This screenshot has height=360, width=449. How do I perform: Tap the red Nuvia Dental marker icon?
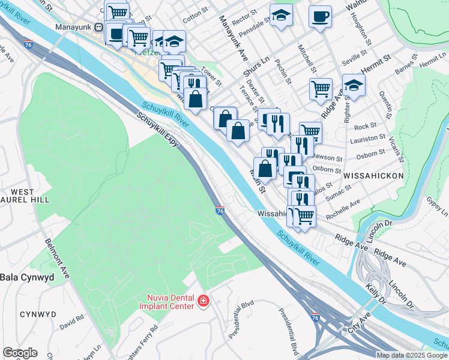point(203,301)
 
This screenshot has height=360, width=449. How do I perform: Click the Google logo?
point(20,353)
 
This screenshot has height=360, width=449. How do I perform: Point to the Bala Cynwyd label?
point(27,277)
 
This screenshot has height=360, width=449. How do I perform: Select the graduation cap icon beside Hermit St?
point(354,85)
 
